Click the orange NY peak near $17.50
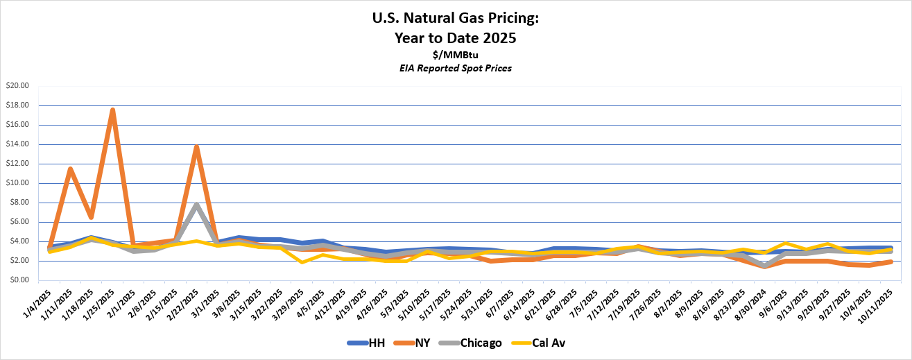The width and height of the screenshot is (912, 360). [x=112, y=110]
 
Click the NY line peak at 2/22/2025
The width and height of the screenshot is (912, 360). [x=197, y=146]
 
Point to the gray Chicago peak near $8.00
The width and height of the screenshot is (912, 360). [x=197, y=205]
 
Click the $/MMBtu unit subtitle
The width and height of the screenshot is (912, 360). [x=456, y=55]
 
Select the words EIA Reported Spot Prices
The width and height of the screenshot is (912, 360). [x=456, y=68]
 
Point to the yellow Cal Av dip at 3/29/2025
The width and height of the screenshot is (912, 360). [x=302, y=262]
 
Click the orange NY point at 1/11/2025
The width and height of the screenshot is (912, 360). [x=70, y=169]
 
